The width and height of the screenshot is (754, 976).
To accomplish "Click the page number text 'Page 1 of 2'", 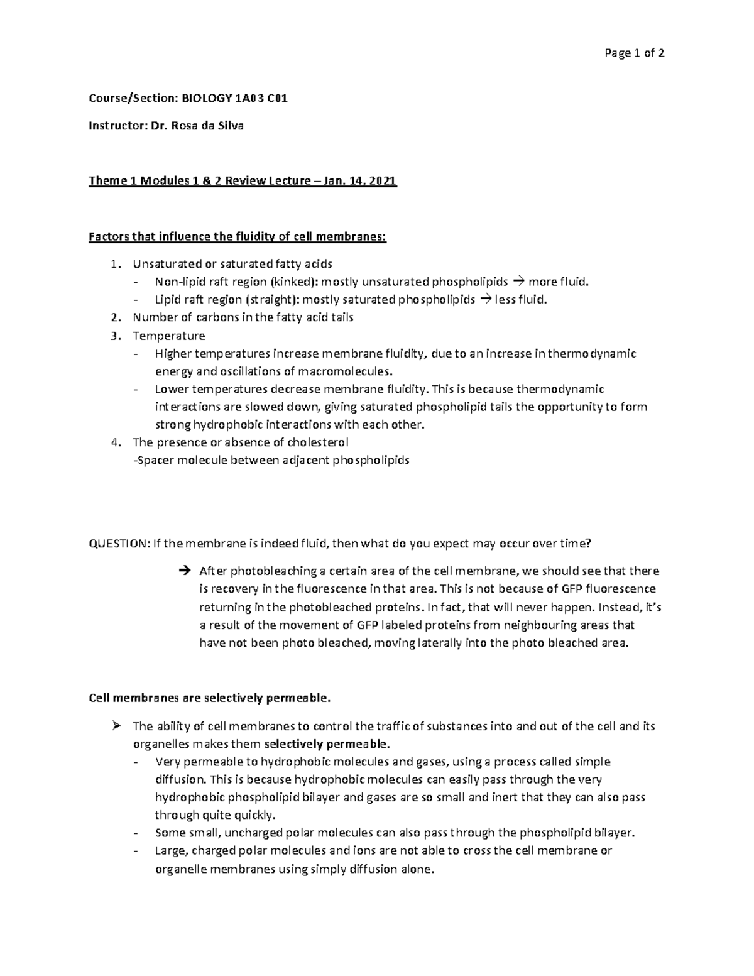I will (634, 53).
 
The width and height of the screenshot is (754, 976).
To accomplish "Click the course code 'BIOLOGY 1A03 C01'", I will (235, 98).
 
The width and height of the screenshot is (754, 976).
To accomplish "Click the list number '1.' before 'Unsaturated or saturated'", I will (114, 264).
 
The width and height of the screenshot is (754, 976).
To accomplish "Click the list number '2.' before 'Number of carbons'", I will (114, 317).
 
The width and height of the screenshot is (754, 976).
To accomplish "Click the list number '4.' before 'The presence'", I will (114, 442).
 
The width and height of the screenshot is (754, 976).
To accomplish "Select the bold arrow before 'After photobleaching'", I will (183, 571).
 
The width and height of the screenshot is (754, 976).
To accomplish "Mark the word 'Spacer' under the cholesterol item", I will (155, 460).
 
